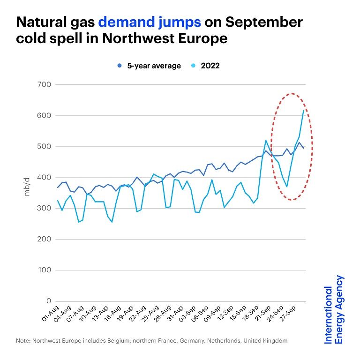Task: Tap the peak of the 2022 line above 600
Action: coord(303,110)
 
